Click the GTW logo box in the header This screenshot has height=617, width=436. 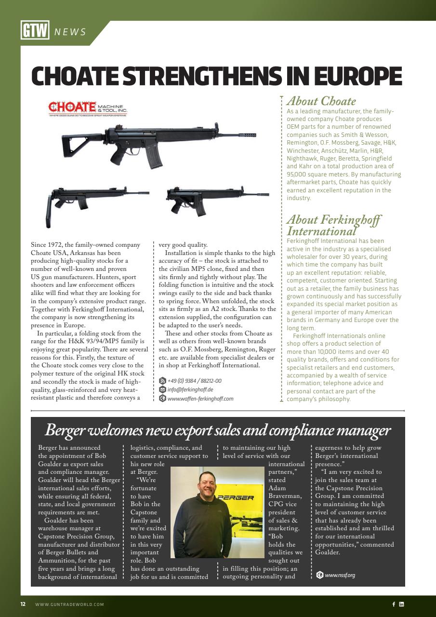[x=35, y=31]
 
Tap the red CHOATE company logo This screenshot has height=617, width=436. [x=72, y=107]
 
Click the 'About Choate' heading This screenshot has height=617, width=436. [x=321, y=101]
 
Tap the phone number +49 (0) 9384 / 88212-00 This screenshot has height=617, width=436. [x=194, y=381]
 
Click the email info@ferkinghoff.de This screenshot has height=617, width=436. [x=190, y=389]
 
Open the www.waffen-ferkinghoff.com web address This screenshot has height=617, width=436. [x=200, y=399]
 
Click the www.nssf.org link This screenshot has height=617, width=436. [x=340, y=575]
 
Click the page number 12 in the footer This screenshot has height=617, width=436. [x=23, y=604]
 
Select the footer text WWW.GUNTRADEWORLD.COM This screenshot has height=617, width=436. [x=69, y=604]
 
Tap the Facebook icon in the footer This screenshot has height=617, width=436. [x=393, y=604]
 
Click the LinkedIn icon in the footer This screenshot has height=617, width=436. [x=402, y=604]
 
